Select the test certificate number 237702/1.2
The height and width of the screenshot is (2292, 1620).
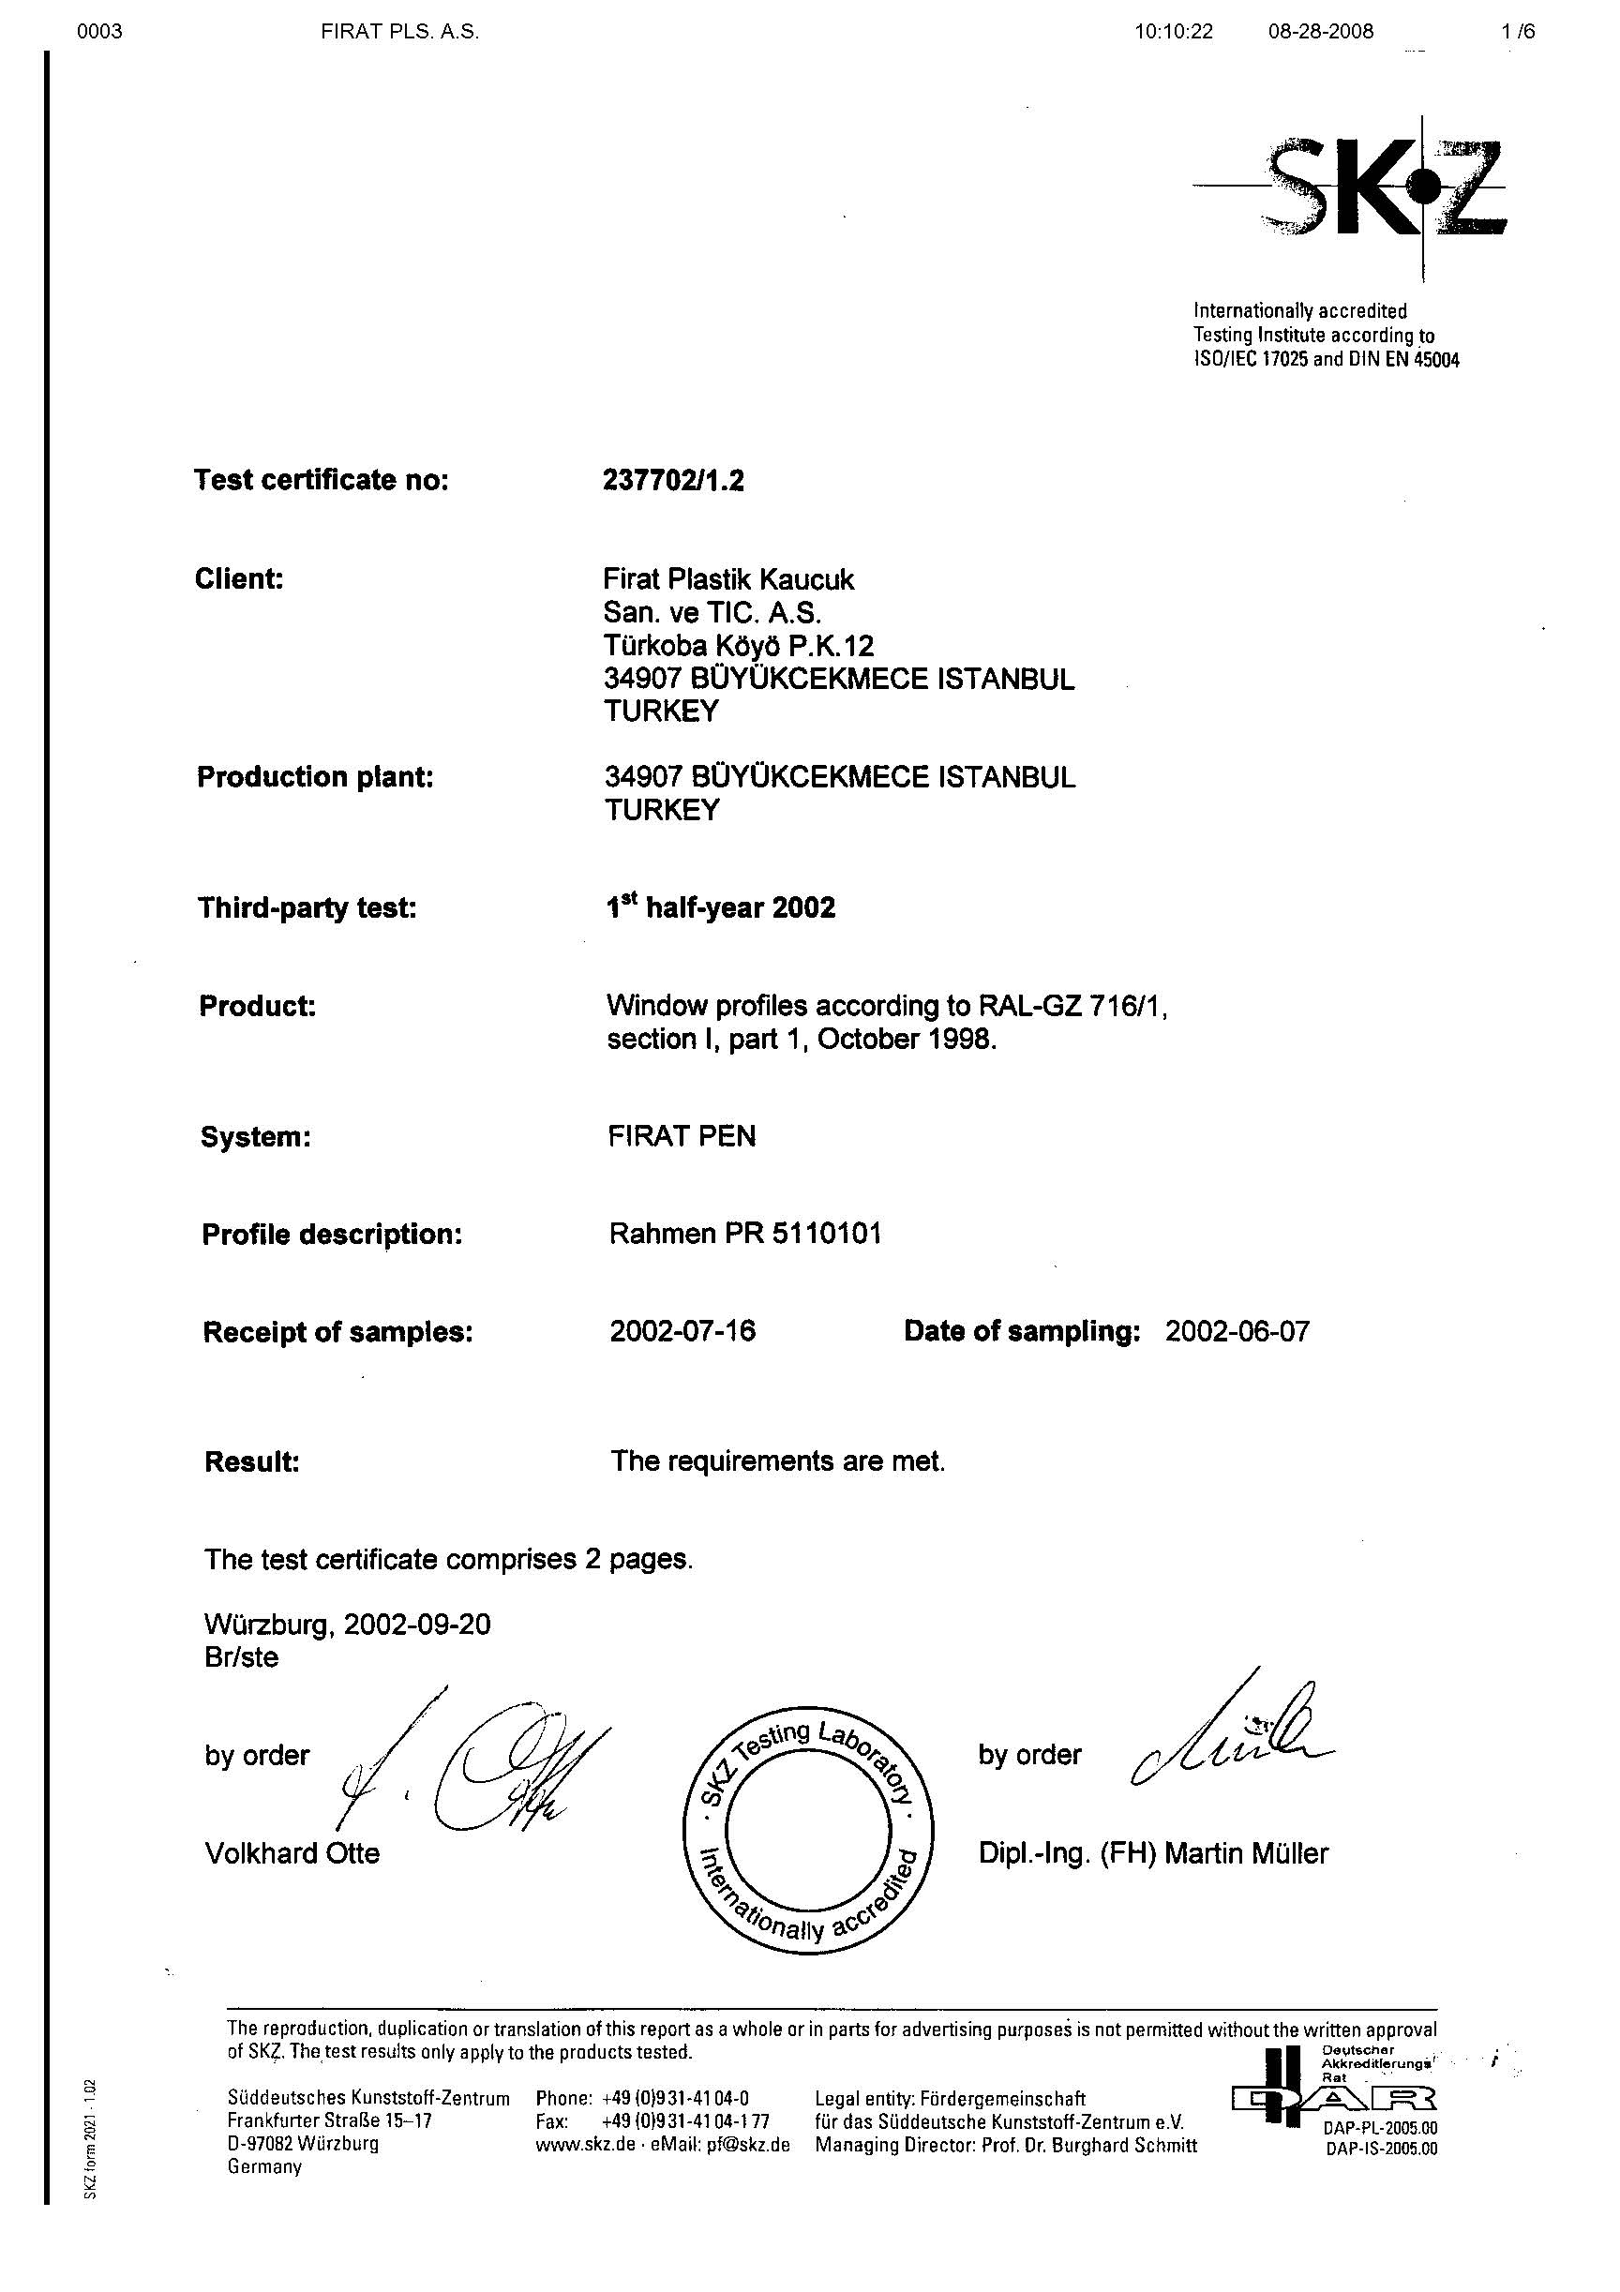pos(674,481)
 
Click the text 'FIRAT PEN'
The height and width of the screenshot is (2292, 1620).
pos(682,1136)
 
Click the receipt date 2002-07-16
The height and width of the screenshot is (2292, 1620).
pos(682,1331)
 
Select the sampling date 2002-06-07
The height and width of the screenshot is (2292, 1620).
pos(1237,1331)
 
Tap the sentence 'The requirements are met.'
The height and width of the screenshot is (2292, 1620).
pos(777,1461)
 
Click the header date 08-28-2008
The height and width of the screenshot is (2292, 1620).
pos(1321,31)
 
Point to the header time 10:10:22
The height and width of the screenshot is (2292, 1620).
pos(1173,31)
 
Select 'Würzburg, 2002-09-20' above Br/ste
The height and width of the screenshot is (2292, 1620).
pos(348,1625)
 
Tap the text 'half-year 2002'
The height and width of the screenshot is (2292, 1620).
pos(741,908)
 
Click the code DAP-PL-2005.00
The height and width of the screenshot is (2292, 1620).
pos(1382,2128)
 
